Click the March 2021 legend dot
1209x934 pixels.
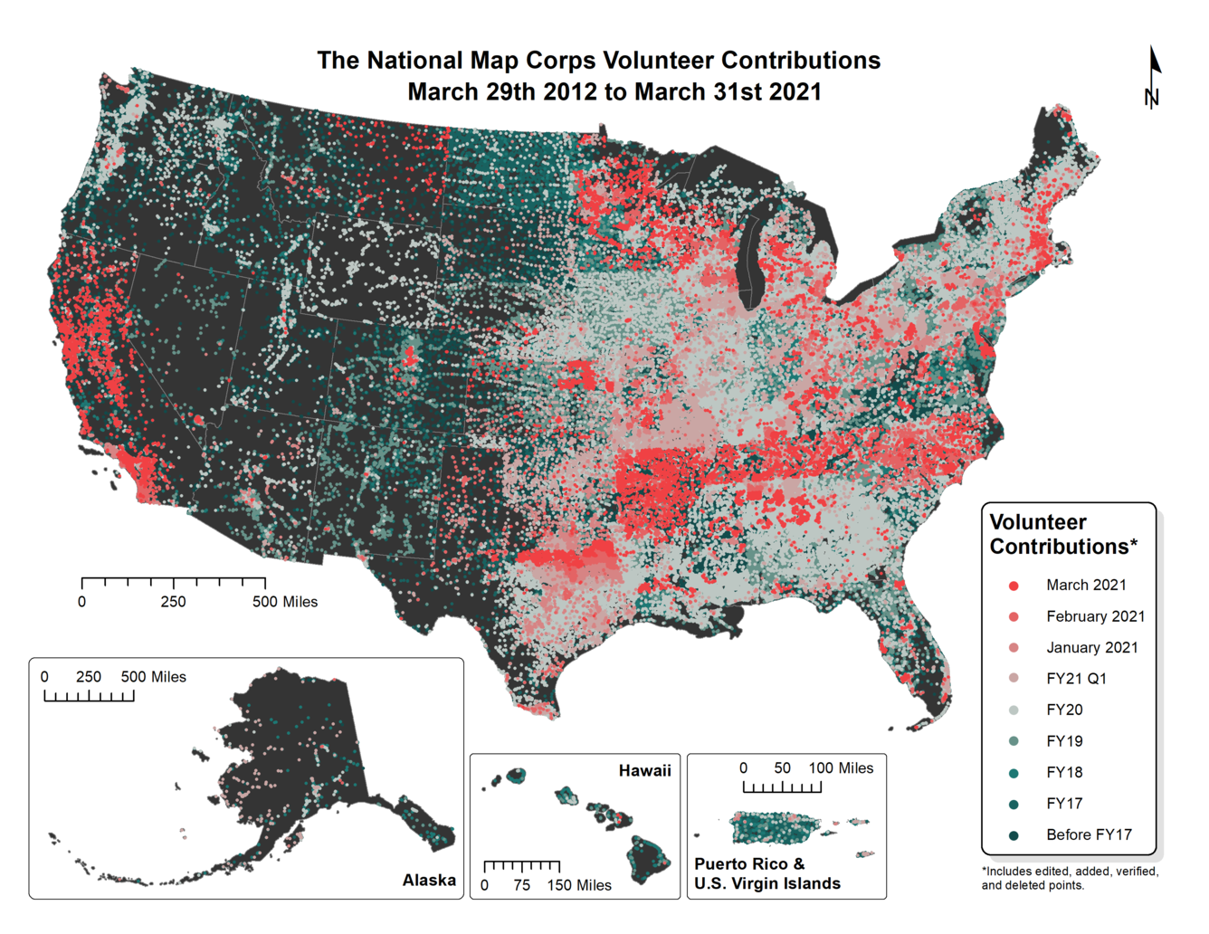(x=1014, y=586)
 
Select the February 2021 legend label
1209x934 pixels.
(x=1095, y=616)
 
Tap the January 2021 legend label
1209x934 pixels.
(x=1091, y=648)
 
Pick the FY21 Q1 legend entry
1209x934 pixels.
(x=1076, y=679)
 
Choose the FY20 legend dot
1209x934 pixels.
(x=1014, y=710)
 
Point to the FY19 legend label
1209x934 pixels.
(x=1064, y=741)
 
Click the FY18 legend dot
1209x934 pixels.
(x=1014, y=773)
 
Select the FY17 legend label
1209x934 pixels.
(x=1064, y=804)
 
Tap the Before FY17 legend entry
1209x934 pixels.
(x=1088, y=834)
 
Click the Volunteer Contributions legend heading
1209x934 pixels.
(x=1062, y=535)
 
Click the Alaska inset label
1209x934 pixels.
(x=429, y=880)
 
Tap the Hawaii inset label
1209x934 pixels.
(x=644, y=771)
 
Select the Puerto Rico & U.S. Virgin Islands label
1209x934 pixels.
(x=766, y=874)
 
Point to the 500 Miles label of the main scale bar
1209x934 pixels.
(x=285, y=602)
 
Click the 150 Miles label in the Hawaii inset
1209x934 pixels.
(x=579, y=885)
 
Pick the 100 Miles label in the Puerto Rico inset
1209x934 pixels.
(x=841, y=768)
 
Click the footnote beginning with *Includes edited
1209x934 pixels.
(x=1070, y=878)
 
